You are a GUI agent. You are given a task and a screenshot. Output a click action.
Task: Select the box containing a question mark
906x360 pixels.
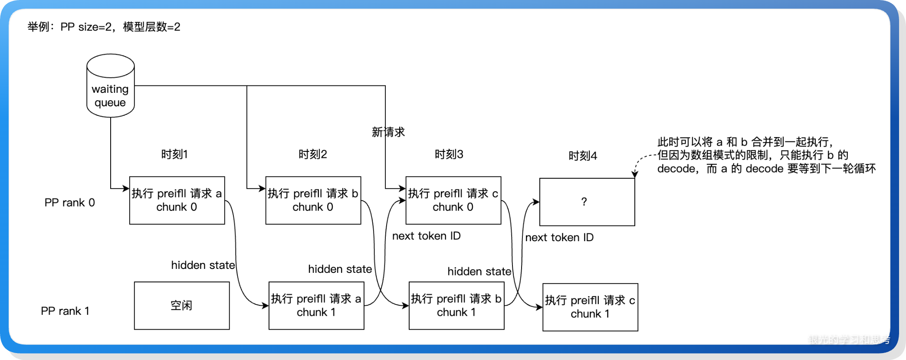(x=587, y=202)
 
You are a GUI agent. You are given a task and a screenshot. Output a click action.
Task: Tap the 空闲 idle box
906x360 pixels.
(x=181, y=305)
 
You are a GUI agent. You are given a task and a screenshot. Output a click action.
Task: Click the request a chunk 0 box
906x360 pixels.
(x=177, y=200)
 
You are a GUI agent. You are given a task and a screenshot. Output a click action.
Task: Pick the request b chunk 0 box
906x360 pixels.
(x=313, y=200)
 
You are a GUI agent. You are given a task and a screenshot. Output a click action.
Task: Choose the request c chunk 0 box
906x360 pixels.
(x=453, y=200)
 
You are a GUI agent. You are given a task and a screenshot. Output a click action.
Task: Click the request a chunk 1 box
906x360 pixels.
(x=316, y=305)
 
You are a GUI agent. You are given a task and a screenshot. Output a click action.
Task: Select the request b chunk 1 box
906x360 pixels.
(x=456, y=305)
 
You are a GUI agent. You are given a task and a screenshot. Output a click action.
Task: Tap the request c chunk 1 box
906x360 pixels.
(x=590, y=307)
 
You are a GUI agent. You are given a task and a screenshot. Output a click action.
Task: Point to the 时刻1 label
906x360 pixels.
(x=174, y=154)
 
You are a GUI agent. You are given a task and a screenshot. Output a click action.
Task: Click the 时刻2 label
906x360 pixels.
(x=312, y=154)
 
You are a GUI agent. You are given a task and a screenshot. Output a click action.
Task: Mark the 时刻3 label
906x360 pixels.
(x=449, y=154)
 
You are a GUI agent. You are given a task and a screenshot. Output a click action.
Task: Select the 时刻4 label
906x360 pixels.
(x=582, y=156)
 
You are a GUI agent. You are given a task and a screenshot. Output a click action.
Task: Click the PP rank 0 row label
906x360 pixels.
(x=69, y=203)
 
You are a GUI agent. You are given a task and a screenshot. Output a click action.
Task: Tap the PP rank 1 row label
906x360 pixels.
(x=65, y=311)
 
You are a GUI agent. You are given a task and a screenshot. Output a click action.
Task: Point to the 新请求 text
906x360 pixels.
(x=388, y=132)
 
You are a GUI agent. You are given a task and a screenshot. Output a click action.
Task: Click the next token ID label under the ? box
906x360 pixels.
(x=559, y=237)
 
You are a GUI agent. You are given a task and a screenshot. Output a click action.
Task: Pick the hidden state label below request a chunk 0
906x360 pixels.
(x=203, y=265)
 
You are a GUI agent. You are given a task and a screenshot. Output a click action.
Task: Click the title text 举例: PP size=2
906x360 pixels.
(x=104, y=27)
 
